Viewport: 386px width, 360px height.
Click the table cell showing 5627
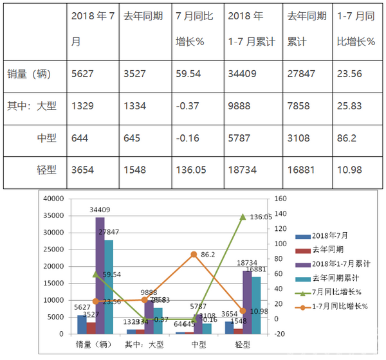click(84, 73)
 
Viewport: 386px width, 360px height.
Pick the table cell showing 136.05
click(190, 170)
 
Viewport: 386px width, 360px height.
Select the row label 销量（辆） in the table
click(32, 73)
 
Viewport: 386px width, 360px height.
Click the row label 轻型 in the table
click(47, 170)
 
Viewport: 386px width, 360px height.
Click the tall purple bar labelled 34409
click(100, 276)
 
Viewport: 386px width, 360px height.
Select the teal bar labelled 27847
click(109, 287)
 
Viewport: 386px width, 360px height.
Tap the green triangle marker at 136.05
click(243, 217)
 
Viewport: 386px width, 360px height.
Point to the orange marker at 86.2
click(193, 255)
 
